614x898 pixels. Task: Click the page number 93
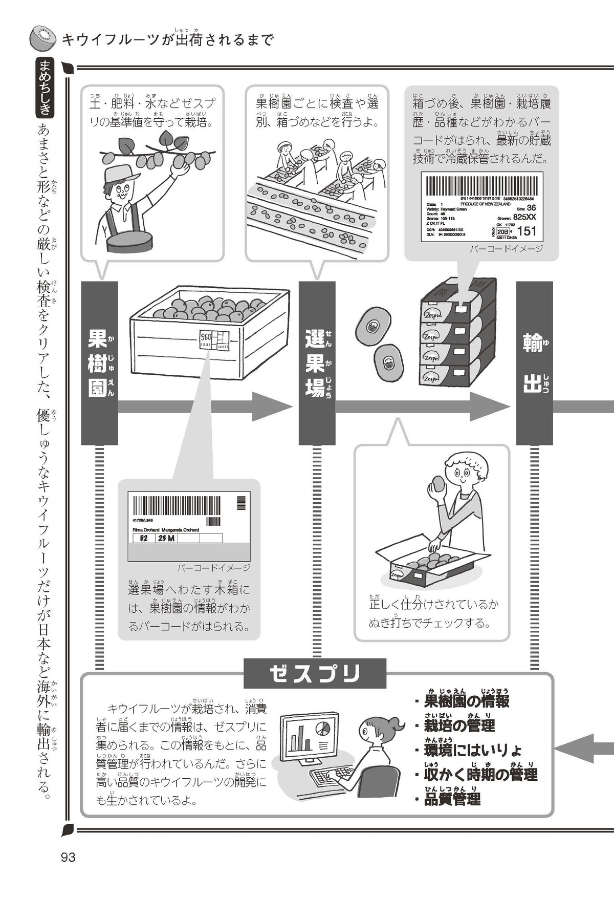click(x=68, y=857)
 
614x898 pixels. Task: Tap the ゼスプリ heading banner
click(x=315, y=673)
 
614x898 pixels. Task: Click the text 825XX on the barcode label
click(x=524, y=217)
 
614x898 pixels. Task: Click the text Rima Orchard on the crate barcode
click(x=146, y=529)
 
